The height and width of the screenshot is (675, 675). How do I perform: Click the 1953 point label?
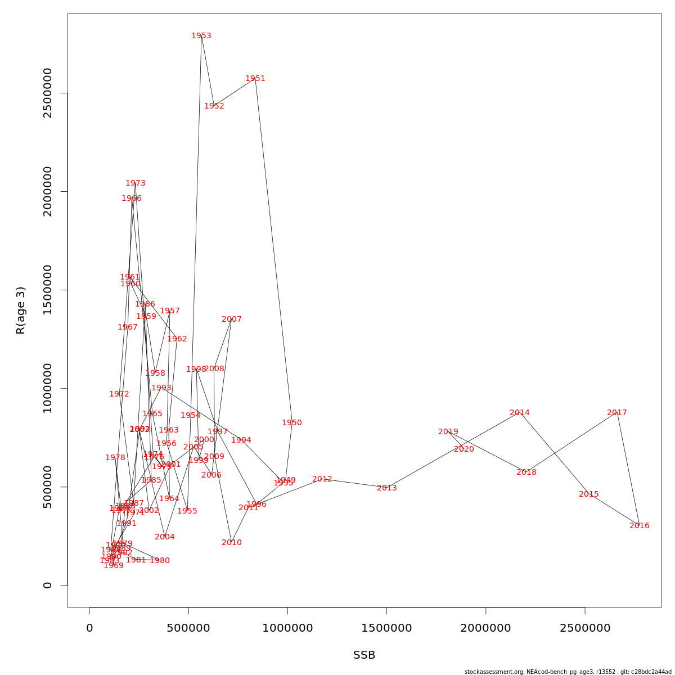pyautogui.click(x=201, y=36)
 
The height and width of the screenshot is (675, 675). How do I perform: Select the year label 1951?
pyautogui.click(x=255, y=79)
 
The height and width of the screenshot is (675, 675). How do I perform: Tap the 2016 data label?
pyautogui.click(x=640, y=526)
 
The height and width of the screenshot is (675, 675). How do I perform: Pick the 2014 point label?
pyautogui.click(x=520, y=413)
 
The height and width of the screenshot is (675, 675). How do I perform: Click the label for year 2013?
pyautogui.click(x=387, y=488)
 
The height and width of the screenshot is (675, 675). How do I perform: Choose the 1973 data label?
pyautogui.click(x=136, y=183)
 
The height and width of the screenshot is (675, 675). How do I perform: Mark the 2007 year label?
pyautogui.click(x=232, y=319)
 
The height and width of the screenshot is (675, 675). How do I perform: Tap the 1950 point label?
pyautogui.click(x=292, y=423)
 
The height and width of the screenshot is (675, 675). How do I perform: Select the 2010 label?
pyautogui.click(x=232, y=543)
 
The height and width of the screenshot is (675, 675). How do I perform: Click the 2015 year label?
pyautogui.click(x=589, y=494)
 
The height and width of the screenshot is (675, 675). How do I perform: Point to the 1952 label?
pyautogui.click(x=214, y=106)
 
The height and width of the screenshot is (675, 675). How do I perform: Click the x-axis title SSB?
pyautogui.click(x=364, y=655)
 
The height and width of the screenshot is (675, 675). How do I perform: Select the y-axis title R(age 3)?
pyautogui.click(x=21, y=310)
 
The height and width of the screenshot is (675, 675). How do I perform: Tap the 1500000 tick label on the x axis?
pyautogui.click(x=387, y=628)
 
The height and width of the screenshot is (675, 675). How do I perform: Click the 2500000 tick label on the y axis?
pyautogui.click(x=48, y=93)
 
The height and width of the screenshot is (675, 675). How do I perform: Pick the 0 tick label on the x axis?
pyautogui.click(x=89, y=628)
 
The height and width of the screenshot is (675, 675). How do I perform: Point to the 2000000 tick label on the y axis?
pyautogui.click(x=48, y=191)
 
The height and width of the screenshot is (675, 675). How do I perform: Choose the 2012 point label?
pyautogui.click(x=322, y=479)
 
